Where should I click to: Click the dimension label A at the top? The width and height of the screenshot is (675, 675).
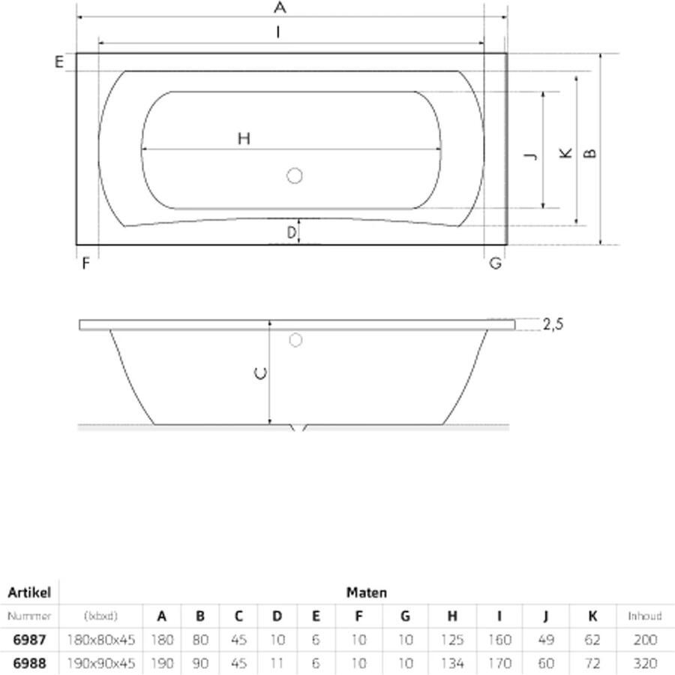click(280, 8)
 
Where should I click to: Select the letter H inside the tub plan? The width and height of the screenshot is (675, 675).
click(244, 138)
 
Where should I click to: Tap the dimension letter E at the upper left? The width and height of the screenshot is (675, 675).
click(58, 62)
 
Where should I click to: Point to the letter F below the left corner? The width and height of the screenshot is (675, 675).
click(85, 264)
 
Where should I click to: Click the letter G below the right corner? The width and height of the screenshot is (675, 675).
click(495, 264)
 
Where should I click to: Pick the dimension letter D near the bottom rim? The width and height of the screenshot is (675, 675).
click(292, 234)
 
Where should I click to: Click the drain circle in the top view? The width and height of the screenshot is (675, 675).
click(294, 176)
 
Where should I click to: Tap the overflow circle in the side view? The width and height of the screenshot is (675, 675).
click(295, 340)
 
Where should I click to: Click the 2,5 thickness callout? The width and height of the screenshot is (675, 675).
click(552, 324)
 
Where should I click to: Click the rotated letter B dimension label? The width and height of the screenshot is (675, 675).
click(590, 152)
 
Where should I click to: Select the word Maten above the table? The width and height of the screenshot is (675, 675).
click(367, 592)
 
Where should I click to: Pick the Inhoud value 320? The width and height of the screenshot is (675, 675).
click(645, 664)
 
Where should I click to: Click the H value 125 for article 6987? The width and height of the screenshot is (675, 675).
click(451, 640)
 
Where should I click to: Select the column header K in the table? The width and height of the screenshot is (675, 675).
click(592, 616)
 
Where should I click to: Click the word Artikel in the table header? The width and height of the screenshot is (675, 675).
click(28, 592)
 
